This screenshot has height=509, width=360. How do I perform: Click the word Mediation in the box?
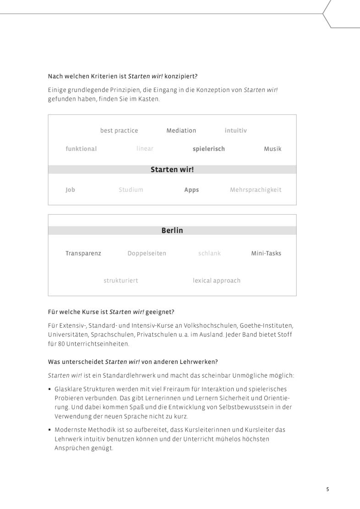(181, 130)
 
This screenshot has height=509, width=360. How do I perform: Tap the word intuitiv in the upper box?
(235, 130)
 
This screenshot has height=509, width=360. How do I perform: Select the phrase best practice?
(119, 130)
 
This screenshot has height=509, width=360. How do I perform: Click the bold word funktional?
(81, 149)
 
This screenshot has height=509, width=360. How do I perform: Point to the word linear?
(145, 149)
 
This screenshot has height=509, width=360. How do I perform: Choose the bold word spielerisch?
(209, 149)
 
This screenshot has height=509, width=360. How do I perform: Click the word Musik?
(273, 149)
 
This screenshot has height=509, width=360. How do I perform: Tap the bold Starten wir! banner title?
(172, 169)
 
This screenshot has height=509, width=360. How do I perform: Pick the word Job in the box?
(70, 190)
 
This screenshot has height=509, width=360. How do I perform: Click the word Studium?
(131, 190)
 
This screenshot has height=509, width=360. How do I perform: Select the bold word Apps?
(191, 190)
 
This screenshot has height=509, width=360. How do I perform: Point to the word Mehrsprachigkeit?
(256, 190)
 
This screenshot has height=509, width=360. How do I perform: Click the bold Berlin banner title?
(172, 230)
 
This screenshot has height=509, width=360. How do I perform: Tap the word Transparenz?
(83, 253)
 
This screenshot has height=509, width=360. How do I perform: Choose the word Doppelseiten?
(147, 253)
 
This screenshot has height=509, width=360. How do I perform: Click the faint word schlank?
(209, 253)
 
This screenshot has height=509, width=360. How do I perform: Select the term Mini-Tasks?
(266, 253)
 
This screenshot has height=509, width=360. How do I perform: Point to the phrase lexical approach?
(216, 281)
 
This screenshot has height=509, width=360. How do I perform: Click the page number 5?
(327, 489)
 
